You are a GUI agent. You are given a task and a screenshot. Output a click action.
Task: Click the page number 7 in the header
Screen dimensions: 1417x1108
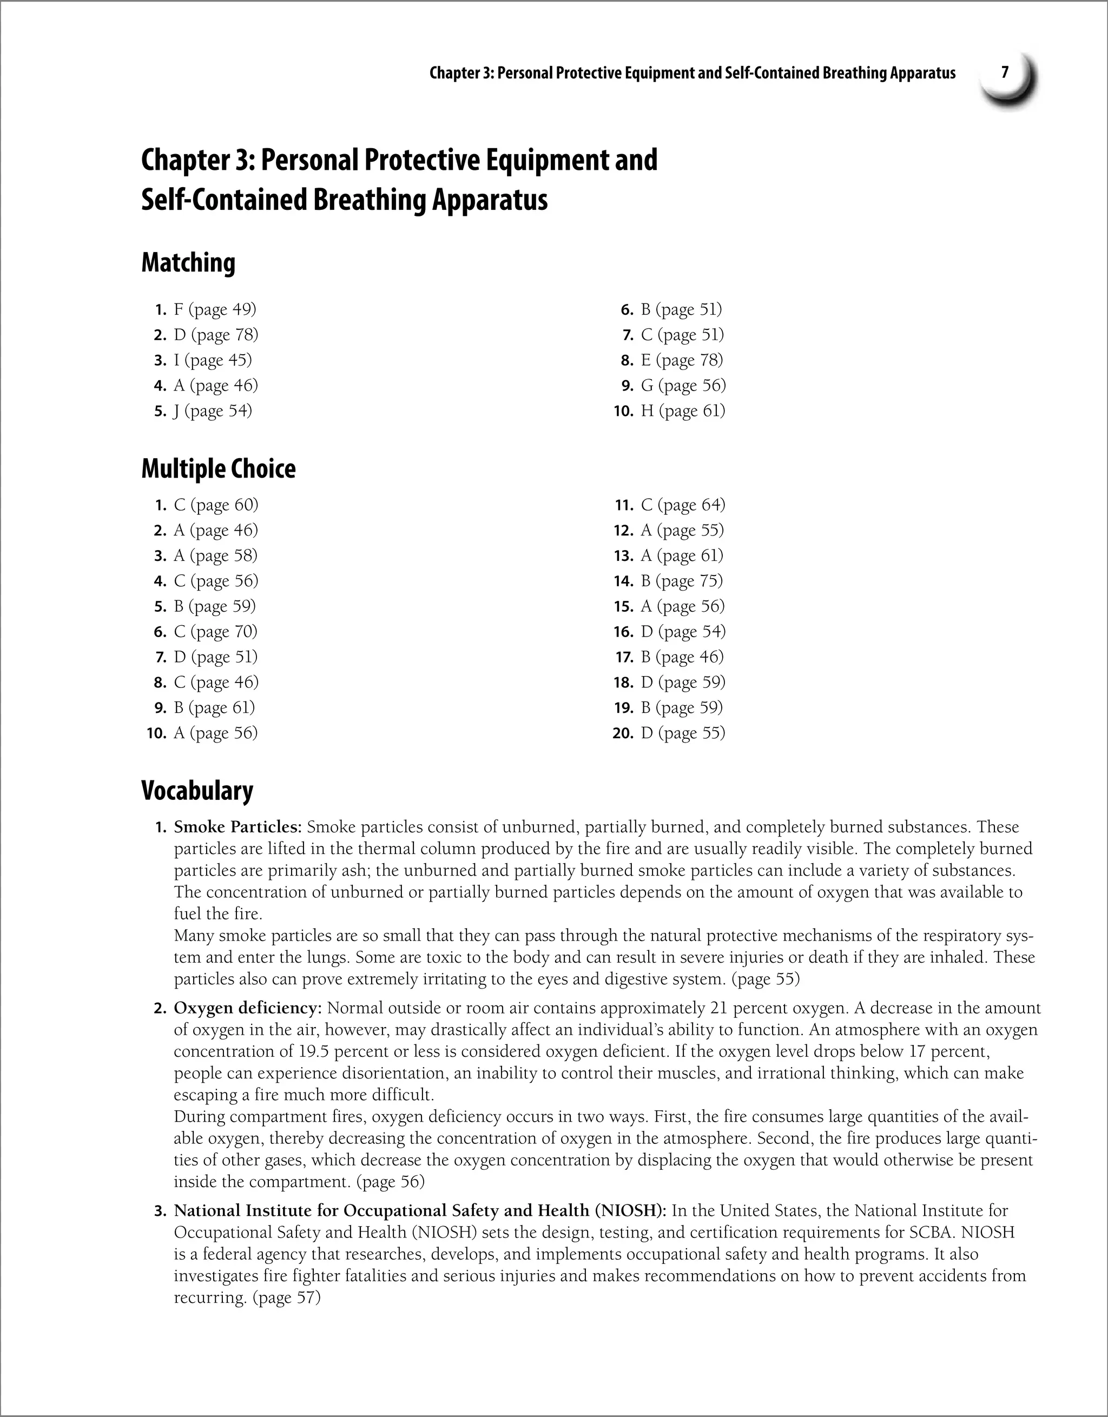click(1005, 72)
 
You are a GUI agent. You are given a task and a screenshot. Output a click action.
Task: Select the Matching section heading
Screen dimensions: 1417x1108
click(188, 263)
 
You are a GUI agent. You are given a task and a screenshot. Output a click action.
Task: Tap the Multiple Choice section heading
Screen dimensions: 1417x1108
click(218, 468)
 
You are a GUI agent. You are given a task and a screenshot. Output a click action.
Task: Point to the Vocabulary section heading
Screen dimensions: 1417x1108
click(197, 790)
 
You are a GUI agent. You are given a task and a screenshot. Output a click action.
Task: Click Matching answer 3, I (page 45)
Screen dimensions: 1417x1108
click(212, 360)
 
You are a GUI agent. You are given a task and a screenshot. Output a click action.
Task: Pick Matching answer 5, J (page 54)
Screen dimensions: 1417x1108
click(212, 410)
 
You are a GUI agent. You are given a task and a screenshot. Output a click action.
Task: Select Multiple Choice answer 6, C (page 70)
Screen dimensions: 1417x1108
click(215, 631)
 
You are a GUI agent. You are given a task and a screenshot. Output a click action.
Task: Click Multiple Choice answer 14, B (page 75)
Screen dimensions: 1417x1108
click(682, 581)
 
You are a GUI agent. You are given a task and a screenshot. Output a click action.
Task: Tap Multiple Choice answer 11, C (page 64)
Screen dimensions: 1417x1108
click(683, 505)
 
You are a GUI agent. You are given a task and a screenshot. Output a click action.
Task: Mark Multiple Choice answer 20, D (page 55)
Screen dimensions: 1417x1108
click(683, 733)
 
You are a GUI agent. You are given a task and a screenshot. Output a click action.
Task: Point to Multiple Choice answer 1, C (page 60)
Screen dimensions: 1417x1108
click(215, 505)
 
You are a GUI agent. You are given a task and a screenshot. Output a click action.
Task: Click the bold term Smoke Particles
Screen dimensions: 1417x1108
click(238, 827)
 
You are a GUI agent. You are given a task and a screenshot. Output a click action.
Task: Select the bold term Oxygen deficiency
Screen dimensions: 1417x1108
click(247, 1008)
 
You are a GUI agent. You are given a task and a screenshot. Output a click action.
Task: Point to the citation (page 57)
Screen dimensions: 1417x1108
click(286, 1297)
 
